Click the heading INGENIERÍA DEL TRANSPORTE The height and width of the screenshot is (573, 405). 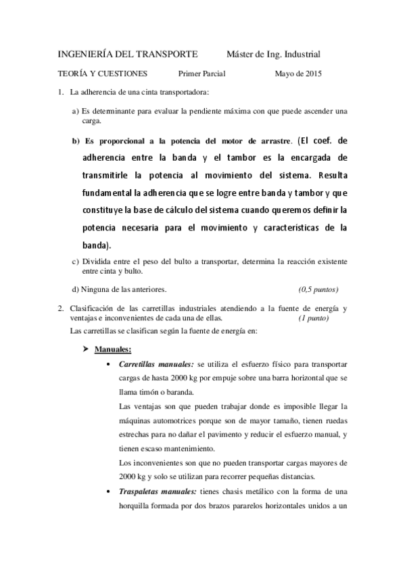point(127,54)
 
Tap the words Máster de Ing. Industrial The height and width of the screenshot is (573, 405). point(273,54)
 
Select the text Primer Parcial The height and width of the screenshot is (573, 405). point(201,74)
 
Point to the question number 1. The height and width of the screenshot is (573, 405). point(59,92)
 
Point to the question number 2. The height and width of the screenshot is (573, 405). point(59,308)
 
